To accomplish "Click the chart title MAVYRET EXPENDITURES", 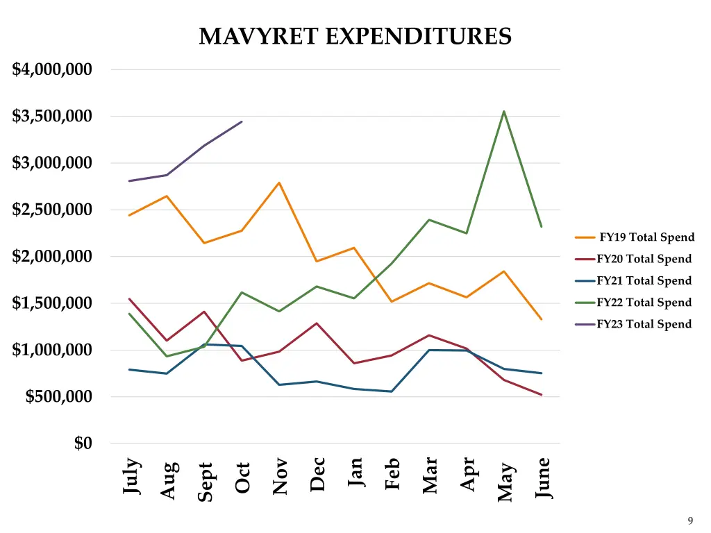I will pos(355,36).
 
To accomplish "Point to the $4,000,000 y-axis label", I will pos(52,69).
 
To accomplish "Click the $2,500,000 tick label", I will pos(52,210).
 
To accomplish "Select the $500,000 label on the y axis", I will pos(58,397).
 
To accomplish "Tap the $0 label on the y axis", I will pos(83,443).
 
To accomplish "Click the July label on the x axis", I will pos(131,476).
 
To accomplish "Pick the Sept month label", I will pos(205,482).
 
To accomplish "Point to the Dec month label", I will pos(317,474).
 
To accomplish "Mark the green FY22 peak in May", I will pos(503,111).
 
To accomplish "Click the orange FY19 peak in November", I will pos(279,183).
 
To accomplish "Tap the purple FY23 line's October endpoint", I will pos(242,121).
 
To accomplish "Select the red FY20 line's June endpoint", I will pos(541,395).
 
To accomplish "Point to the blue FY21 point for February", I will pos(392,391).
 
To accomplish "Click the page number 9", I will pos(690,521).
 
